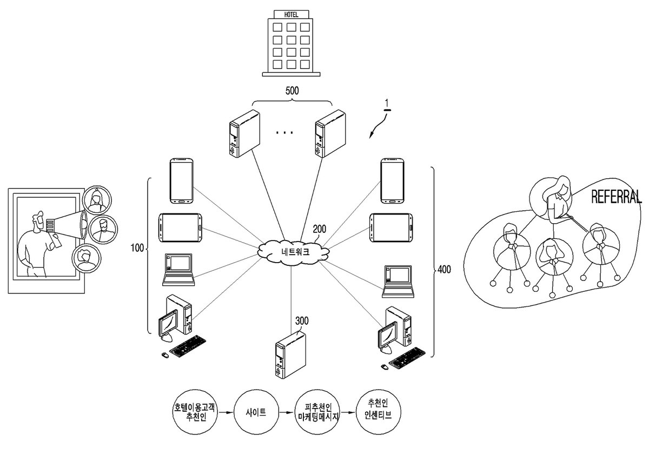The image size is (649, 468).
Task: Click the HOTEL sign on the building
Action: click(291, 15)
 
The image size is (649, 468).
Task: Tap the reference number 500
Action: click(292, 91)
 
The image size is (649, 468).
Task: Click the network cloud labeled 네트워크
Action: click(294, 251)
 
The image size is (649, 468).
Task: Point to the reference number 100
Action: click(137, 248)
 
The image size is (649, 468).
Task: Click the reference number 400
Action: click(444, 270)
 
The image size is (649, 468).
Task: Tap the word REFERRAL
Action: click(616, 197)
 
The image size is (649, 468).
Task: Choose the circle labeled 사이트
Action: click(256, 412)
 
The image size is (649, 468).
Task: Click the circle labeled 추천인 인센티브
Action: click(378, 412)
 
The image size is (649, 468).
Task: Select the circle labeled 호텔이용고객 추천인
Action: click(195, 412)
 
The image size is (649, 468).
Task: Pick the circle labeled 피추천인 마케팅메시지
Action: click(318, 412)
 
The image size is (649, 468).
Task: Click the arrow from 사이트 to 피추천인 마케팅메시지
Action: click(287, 412)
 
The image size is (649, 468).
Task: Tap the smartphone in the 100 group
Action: click(181, 181)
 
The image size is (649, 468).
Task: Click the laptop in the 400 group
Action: click(398, 282)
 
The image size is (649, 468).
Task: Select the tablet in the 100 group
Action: click(180, 228)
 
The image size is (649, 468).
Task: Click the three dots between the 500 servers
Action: click(284, 132)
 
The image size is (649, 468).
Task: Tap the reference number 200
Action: click(319, 229)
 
